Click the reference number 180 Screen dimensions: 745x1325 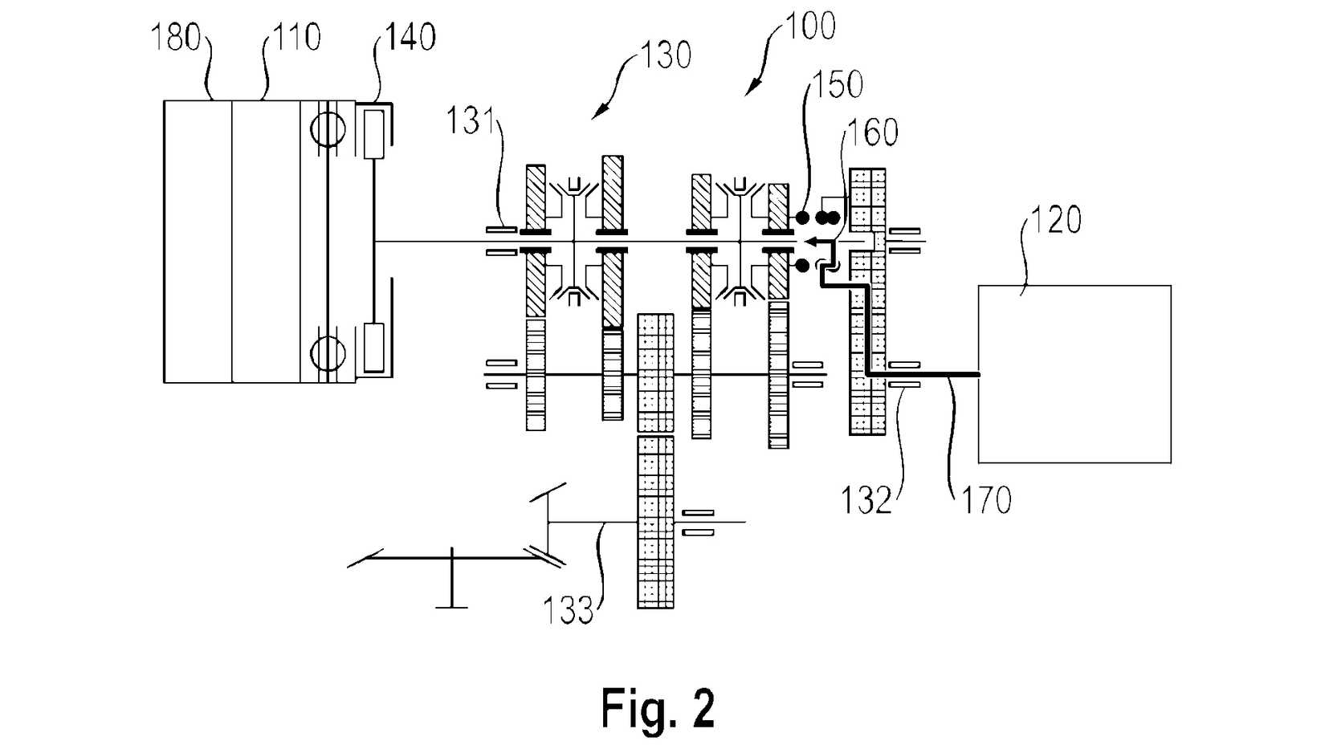(176, 38)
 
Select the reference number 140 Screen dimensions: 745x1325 (410, 38)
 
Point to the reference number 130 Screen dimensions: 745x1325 (666, 55)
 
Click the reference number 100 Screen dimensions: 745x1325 (810, 26)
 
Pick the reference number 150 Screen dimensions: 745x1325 (838, 84)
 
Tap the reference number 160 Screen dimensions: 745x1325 (873, 132)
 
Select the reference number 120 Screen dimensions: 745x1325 (1056, 219)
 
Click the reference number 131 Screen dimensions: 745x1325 (471, 121)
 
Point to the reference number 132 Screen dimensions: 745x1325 (866, 501)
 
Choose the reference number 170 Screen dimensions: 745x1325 (986, 501)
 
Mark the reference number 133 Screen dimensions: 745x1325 (568, 611)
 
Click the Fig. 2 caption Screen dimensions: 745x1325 (658, 708)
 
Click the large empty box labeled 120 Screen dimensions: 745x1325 (1074, 374)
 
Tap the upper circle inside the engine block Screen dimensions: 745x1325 (328, 129)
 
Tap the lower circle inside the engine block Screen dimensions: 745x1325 (328, 353)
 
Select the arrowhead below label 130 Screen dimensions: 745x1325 (597, 114)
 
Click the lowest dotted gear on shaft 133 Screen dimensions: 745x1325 (655, 522)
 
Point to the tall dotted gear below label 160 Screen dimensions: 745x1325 (867, 301)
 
